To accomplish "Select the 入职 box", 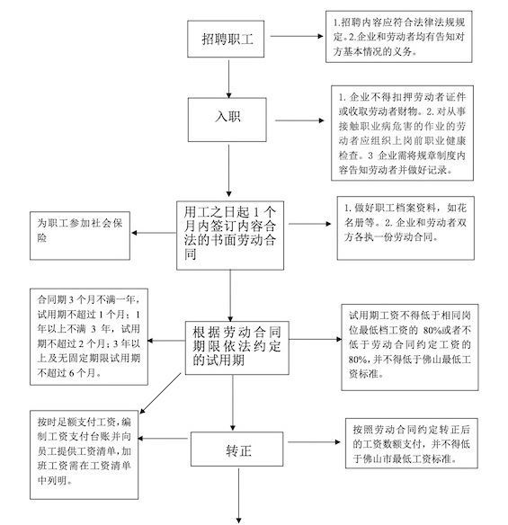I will tap(228, 118).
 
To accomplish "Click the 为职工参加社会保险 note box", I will tap(80, 231).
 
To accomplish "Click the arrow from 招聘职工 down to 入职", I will tap(229, 79).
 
